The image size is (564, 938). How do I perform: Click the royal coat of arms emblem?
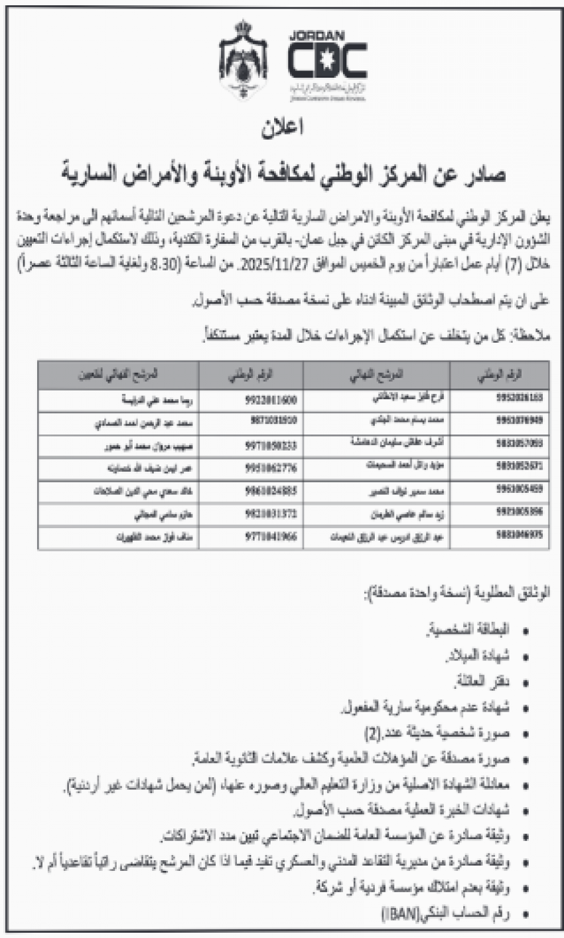coord(244,60)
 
